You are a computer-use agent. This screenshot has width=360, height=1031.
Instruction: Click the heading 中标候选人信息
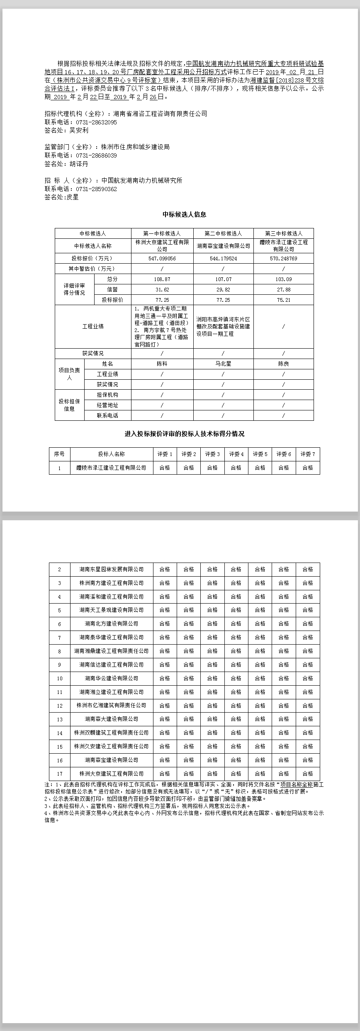pyautogui.click(x=184, y=214)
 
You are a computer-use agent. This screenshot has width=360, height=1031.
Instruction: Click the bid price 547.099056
pyautogui.click(x=162, y=258)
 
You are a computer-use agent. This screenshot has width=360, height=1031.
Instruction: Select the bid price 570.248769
pyautogui.click(x=283, y=258)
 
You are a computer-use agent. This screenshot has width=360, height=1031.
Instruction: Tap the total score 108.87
pyautogui.click(x=162, y=279)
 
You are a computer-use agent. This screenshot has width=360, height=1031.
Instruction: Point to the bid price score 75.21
pyautogui.click(x=283, y=300)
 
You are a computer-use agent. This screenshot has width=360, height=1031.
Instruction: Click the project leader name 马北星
pyautogui.click(x=223, y=364)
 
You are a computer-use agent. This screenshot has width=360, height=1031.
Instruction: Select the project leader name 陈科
pyautogui.click(x=162, y=364)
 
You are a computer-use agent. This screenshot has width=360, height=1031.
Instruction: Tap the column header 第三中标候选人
pyautogui.click(x=283, y=233)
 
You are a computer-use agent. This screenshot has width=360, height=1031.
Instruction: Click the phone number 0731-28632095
pyautogui.click(x=96, y=122)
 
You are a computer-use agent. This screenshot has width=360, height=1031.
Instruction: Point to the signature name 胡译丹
pyautogui.click(x=79, y=164)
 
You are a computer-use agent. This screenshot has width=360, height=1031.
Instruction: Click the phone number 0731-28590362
pyautogui.click(x=96, y=189)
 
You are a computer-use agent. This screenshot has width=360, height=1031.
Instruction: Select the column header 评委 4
pyautogui.click(x=236, y=454)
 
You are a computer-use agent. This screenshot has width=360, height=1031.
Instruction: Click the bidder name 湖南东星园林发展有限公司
pyautogui.click(x=111, y=570)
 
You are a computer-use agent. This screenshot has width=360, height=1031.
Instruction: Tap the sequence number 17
pyautogui.click(x=60, y=774)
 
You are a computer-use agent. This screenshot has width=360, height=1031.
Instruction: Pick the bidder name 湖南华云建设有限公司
pyautogui.click(x=111, y=679)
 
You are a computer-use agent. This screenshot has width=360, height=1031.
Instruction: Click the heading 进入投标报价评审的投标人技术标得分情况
pyautogui.click(x=184, y=434)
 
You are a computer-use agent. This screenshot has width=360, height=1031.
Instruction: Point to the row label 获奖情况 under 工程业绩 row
pyautogui.click(x=93, y=354)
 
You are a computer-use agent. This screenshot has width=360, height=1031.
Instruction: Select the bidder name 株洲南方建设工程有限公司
pyautogui.click(x=111, y=583)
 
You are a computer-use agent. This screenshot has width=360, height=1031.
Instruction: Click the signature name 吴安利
pyautogui.click(x=79, y=130)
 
